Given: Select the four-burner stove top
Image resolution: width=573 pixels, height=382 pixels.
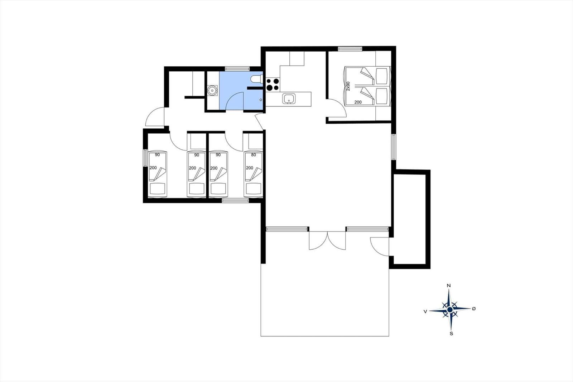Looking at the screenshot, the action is [x=273, y=85].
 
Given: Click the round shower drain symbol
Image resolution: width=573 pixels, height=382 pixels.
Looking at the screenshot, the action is [x=212, y=90].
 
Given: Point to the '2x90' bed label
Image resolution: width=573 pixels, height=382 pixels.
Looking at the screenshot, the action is [x=348, y=86].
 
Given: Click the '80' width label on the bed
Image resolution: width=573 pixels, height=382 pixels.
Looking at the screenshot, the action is [x=254, y=155].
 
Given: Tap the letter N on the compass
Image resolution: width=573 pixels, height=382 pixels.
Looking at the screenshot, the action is [x=448, y=286].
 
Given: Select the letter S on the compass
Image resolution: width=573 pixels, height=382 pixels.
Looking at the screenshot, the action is [x=452, y=334].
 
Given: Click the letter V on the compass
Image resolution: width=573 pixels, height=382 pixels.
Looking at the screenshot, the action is [x=425, y=312].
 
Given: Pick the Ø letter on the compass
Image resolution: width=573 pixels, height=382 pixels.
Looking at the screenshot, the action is [x=473, y=309].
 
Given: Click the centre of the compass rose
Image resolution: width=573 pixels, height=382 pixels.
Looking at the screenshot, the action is [x=450, y=310].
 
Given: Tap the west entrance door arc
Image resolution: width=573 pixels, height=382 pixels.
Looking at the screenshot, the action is [x=155, y=116].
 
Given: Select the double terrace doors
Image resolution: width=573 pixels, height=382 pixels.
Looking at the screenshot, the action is [x=327, y=241].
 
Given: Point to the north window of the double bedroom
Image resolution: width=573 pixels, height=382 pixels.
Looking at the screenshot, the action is [x=350, y=49].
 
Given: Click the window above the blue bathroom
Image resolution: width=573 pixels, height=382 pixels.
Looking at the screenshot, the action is [x=237, y=68].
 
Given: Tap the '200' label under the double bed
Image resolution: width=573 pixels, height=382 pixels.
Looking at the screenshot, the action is [x=358, y=102].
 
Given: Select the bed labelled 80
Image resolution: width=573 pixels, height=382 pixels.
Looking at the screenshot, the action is [x=253, y=175].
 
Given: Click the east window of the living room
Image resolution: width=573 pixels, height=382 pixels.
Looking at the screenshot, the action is [x=394, y=147].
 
